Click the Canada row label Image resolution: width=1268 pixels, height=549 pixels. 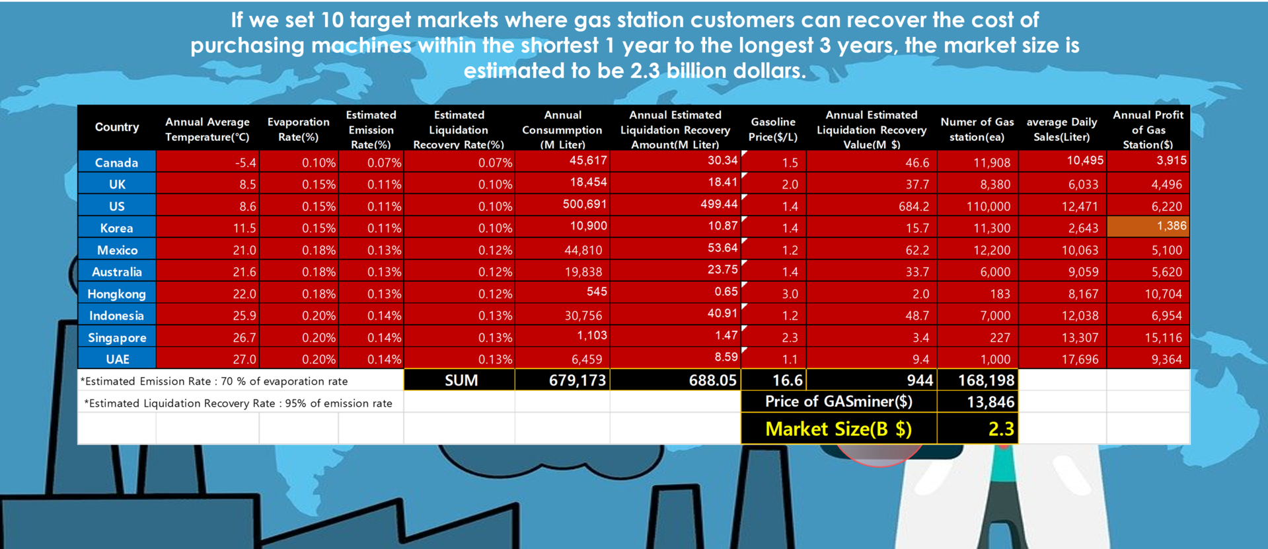coord(116,162)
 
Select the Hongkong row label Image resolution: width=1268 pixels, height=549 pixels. coord(116,294)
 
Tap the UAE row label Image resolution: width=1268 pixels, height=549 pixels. coord(118,359)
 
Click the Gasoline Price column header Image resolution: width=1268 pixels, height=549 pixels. coord(773,130)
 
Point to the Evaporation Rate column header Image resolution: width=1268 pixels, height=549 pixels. coord(298,130)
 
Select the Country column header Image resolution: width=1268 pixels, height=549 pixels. coord(117,127)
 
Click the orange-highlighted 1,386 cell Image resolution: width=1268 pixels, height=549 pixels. coord(1148,226)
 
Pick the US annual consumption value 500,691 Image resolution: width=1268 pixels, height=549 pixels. coord(585,204)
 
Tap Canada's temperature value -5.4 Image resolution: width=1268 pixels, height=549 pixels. coord(245,163)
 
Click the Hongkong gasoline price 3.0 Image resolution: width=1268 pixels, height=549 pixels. coord(790,294)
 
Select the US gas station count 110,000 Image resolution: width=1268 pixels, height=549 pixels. coord(988,206)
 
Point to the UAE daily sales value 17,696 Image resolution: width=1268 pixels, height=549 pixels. coord(1080,359)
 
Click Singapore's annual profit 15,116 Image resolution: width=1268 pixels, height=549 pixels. coord(1163,337)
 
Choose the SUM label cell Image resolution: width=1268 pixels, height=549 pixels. coord(461,380)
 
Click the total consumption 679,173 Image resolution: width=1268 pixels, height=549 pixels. coord(578,380)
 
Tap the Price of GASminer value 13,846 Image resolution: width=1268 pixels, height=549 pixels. coord(990,402)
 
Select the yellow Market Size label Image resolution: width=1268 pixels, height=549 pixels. coord(839,429)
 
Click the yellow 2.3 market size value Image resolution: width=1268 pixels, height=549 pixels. coord(1001,429)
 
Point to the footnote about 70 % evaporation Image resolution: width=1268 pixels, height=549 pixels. coord(214,381)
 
